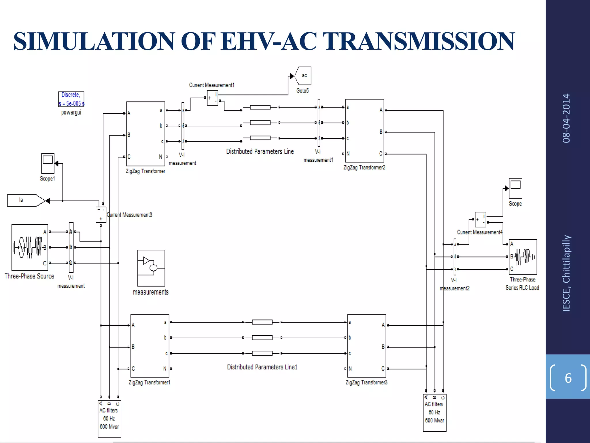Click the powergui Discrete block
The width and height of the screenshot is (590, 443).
71,99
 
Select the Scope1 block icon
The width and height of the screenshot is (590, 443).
48,163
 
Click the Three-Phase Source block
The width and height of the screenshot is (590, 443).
30,247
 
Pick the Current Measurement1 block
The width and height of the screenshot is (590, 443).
213,98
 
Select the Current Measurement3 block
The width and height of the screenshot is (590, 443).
101,215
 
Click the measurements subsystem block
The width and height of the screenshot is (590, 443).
151,268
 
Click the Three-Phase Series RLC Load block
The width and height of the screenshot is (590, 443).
523,257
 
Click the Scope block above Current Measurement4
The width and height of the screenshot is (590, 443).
515,188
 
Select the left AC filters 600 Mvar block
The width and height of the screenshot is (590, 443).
109,418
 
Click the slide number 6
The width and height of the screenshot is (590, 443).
568,378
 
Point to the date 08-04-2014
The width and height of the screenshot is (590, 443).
566,118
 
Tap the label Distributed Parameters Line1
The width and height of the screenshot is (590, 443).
262,367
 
